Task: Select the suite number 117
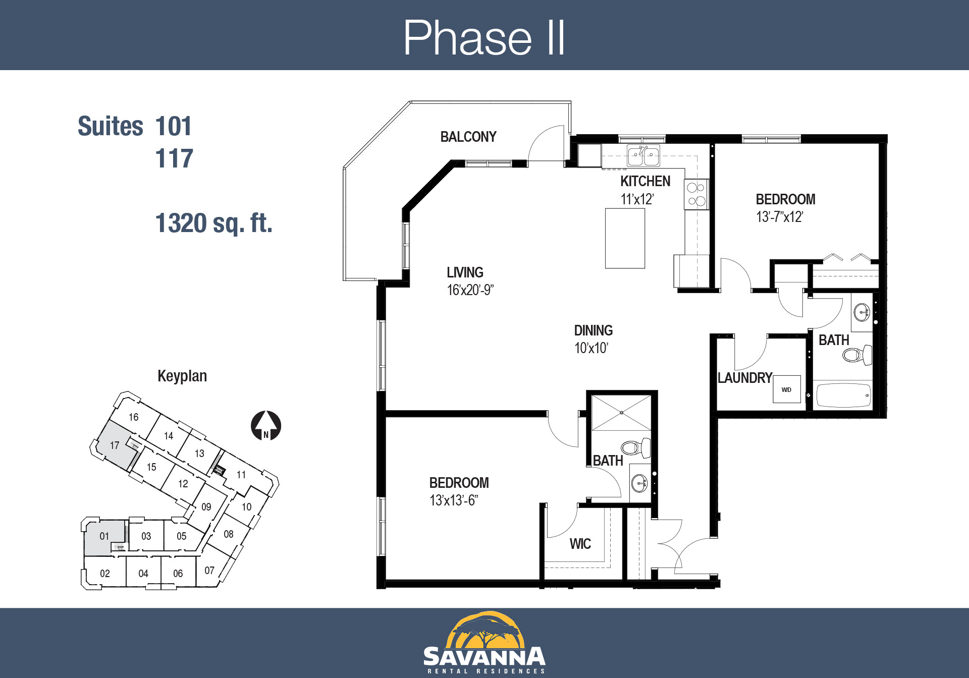[x=174, y=158]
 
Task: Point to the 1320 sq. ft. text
[x=214, y=223]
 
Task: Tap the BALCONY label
[x=468, y=137]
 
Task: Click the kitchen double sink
[x=643, y=156]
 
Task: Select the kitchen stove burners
[x=696, y=194]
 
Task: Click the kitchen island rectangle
[x=625, y=238]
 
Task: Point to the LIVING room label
[x=465, y=272]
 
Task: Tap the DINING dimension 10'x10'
[x=591, y=348]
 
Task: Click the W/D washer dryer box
[x=787, y=389]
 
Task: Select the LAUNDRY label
[x=745, y=378]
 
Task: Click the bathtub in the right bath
[x=843, y=395]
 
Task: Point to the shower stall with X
[x=621, y=413]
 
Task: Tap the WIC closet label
[x=580, y=544]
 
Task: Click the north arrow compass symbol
[x=266, y=426]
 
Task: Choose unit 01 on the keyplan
[x=104, y=536]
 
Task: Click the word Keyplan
[x=182, y=376]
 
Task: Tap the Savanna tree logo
[x=484, y=631]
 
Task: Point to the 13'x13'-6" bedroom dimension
[x=454, y=500]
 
